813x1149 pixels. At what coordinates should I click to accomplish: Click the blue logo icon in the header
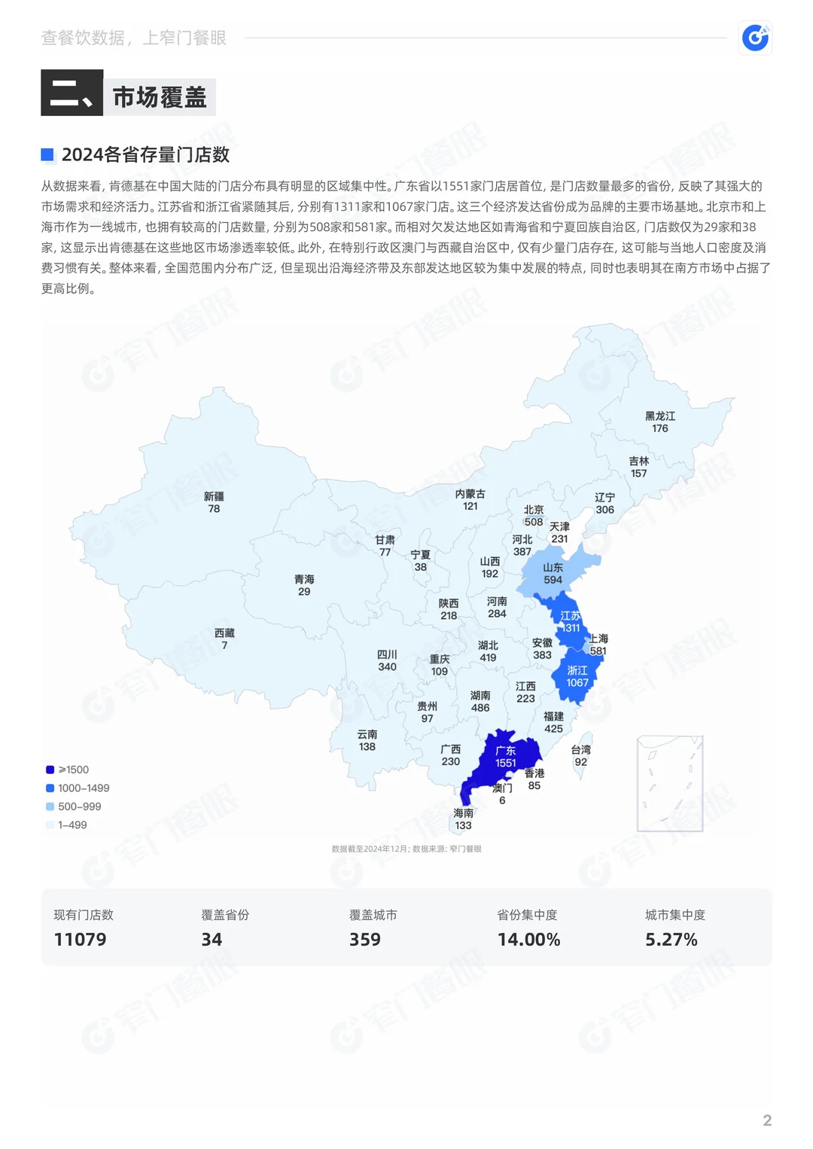tap(755, 37)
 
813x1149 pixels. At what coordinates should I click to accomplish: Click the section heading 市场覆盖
tap(160, 96)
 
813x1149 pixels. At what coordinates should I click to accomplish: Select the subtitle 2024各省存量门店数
tap(145, 154)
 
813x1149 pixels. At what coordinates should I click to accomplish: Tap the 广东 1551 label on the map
tap(506, 757)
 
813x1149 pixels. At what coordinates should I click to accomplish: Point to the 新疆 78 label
tap(214, 502)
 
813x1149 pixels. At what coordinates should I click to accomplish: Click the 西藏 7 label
tap(224, 639)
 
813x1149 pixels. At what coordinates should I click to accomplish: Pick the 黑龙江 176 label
tap(660, 422)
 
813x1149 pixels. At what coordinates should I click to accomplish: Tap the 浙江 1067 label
tap(577, 676)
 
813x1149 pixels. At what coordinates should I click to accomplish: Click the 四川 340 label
tap(387, 660)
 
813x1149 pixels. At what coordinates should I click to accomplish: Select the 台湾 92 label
tap(580, 755)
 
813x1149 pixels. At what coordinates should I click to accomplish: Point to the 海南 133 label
tap(464, 819)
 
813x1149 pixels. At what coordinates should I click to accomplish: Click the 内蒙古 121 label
tap(470, 500)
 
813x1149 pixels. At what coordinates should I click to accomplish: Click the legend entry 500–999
tap(79, 806)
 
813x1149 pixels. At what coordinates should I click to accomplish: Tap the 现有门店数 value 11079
tap(80, 939)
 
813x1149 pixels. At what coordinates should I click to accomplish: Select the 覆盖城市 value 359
tap(364, 939)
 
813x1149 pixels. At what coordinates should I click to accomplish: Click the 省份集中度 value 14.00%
tap(528, 939)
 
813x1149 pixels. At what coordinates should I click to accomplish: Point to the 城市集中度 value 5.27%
tap(671, 939)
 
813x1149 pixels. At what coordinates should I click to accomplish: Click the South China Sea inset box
tap(669, 783)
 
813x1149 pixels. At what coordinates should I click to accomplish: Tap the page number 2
tap(767, 1120)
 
